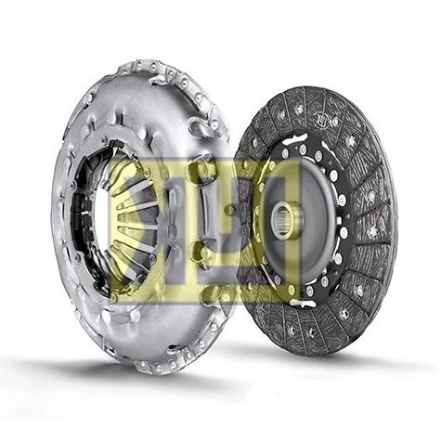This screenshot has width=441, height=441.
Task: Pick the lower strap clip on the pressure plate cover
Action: pos(202,251)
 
